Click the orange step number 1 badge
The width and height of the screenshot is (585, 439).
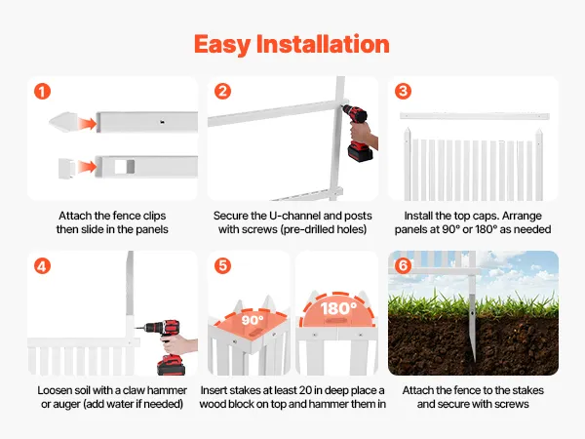42,92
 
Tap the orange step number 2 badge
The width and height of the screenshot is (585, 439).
222,92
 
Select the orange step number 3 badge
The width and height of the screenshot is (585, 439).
404,92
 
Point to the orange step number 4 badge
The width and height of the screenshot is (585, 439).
42,266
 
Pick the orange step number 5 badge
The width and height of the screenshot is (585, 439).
222,265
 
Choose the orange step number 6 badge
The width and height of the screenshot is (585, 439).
404,265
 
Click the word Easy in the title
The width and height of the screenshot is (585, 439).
222,45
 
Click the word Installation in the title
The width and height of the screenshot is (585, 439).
323,44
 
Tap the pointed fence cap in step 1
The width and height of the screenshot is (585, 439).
62,122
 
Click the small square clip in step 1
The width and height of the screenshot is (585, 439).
66,169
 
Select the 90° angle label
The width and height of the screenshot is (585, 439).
253,320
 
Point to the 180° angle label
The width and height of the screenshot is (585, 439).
338,308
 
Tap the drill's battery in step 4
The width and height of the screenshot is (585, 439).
172,365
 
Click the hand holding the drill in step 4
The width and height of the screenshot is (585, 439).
179,345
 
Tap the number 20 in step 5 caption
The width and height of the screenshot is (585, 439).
305,390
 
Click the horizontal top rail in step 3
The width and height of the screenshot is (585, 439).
475,116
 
